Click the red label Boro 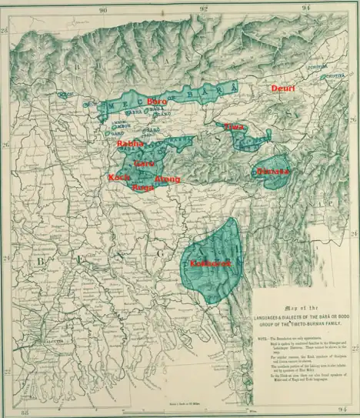click(156, 102)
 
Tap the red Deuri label click(283, 89)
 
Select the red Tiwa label click(234, 126)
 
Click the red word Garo click(144, 163)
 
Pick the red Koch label click(119, 178)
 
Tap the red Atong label click(167, 179)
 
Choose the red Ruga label click(142, 187)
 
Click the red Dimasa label click(273, 171)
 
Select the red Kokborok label click(210, 264)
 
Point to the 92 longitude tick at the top click(204, 9)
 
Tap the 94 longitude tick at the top click(306, 9)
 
